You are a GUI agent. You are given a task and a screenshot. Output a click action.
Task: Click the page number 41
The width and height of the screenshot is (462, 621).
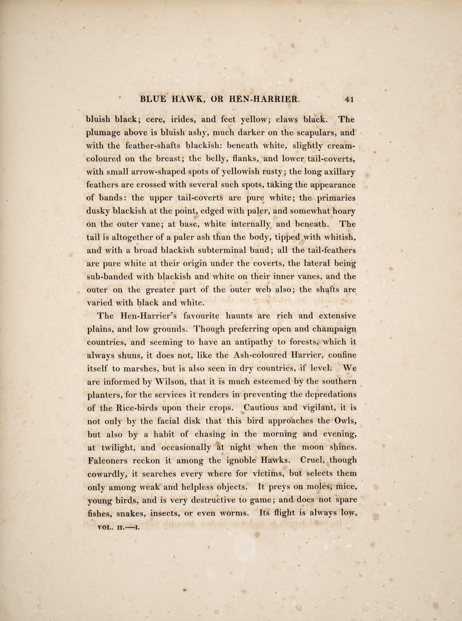pyautogui.click(x=350, y=99)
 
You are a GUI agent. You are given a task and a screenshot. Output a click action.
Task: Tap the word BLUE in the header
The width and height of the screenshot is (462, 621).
pyautogui.click(x=154, y=99)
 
